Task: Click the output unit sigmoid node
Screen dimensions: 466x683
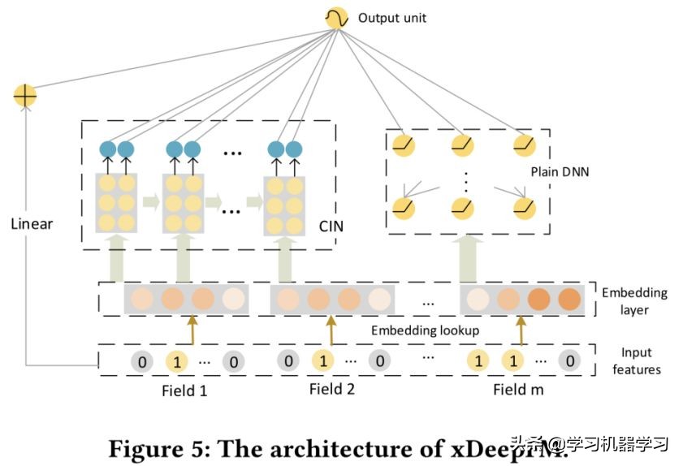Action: (x=335, y=18)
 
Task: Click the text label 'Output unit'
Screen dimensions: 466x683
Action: (x=391, y=18)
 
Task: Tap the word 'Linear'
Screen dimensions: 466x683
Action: (x=31, y=222)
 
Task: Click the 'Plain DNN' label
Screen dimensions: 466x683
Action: (x=560, y=172)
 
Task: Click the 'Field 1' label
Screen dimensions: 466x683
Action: (x=184, y=390)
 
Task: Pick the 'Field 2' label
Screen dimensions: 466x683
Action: (x=331, y=389)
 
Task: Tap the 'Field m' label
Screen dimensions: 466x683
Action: (x=518, y=390)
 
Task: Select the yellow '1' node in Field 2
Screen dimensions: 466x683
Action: (x=322, y=360)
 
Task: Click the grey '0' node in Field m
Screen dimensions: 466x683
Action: (x=571, y=360)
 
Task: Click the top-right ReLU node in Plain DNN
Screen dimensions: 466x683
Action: (x=525, y=145)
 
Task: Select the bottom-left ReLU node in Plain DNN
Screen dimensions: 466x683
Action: (x=404, y=207)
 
